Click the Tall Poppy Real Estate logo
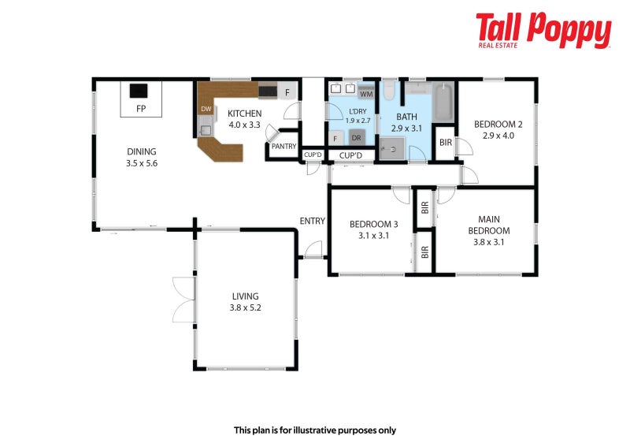pos(543,30)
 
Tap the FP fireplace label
pos(141,109)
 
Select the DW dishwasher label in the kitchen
pos(206,109)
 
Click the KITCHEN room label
pos(245,114)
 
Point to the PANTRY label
pos(283,147)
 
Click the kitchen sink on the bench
pos(206,130)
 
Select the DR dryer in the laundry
pos(357,138)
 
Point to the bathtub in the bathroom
pos(443,102)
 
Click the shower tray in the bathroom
pos(391,149)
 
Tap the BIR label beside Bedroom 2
pos(446,143)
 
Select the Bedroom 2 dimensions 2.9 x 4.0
pos(498,136)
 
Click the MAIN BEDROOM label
pos(489,225)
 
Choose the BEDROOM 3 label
pos(373,224)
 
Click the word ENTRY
pos(312,221)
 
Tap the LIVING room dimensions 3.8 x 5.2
pos(246,307)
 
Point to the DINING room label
pos(142,151)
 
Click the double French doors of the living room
pos(184,300)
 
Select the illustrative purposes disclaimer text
pos(315,430)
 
